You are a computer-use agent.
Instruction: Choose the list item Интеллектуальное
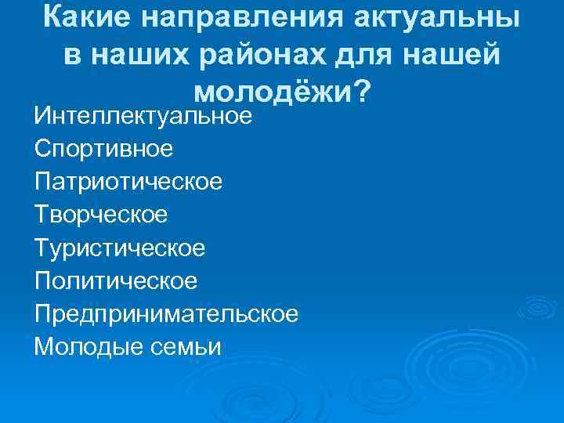pos(143,117)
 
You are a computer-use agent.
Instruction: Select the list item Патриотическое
pos(128,182)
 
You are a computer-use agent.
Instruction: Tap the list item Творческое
pos(101,215)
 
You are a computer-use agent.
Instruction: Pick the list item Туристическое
pos(120,248)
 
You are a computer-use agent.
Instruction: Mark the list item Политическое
pos(116,280)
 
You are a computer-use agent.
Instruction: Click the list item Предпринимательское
pos(166,313)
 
